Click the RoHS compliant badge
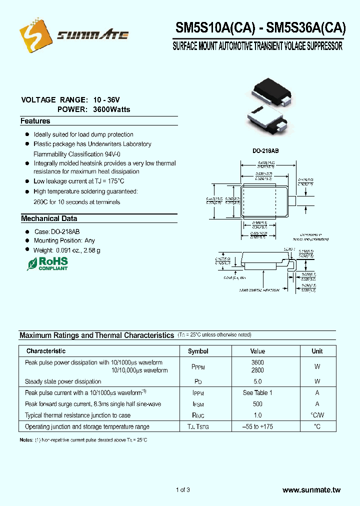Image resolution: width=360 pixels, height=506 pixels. click(x=47, y=263)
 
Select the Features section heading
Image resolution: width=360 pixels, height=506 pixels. click(x=35, y=121)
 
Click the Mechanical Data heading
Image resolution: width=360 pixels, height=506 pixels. click(x=49, y=218)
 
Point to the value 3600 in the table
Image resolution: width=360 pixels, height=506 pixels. click(x=257, y=362)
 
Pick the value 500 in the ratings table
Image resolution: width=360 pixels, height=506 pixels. click(x=257, y=404)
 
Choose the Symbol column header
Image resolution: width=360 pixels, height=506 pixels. click(x=198, y=351)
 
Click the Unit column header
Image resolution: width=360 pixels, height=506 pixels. click(x=317, y=351)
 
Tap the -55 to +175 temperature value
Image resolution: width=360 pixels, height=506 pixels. click(x=257, y=426)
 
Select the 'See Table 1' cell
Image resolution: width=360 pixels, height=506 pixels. click(x=257, y=392)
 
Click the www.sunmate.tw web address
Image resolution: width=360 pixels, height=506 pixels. click(x=311, y=490)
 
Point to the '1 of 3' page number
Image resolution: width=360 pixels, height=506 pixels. click(x=183, y=489)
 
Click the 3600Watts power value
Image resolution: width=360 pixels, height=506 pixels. click(x=111, y=109)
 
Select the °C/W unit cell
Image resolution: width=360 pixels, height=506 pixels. click(x=317, y=415)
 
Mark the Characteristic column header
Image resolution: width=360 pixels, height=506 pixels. click(x=46, y=351)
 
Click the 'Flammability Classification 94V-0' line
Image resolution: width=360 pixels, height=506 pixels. click(x=77, y=153)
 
